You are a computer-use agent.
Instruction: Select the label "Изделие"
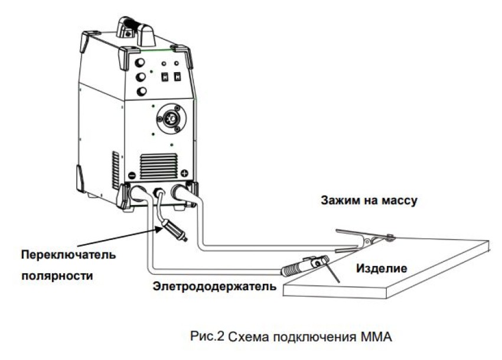[381, 268]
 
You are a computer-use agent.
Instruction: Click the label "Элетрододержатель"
[214, 287]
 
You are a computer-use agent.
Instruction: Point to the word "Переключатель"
[69, 255]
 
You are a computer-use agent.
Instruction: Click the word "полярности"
[58, 275]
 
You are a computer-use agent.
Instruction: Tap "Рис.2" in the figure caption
[206, 337]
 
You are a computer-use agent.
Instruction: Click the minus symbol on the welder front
[132, 176]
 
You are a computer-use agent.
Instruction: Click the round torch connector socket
[172, 119]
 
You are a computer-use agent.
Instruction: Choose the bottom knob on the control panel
[142, 92]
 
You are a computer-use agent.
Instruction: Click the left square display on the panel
[166, 76]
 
